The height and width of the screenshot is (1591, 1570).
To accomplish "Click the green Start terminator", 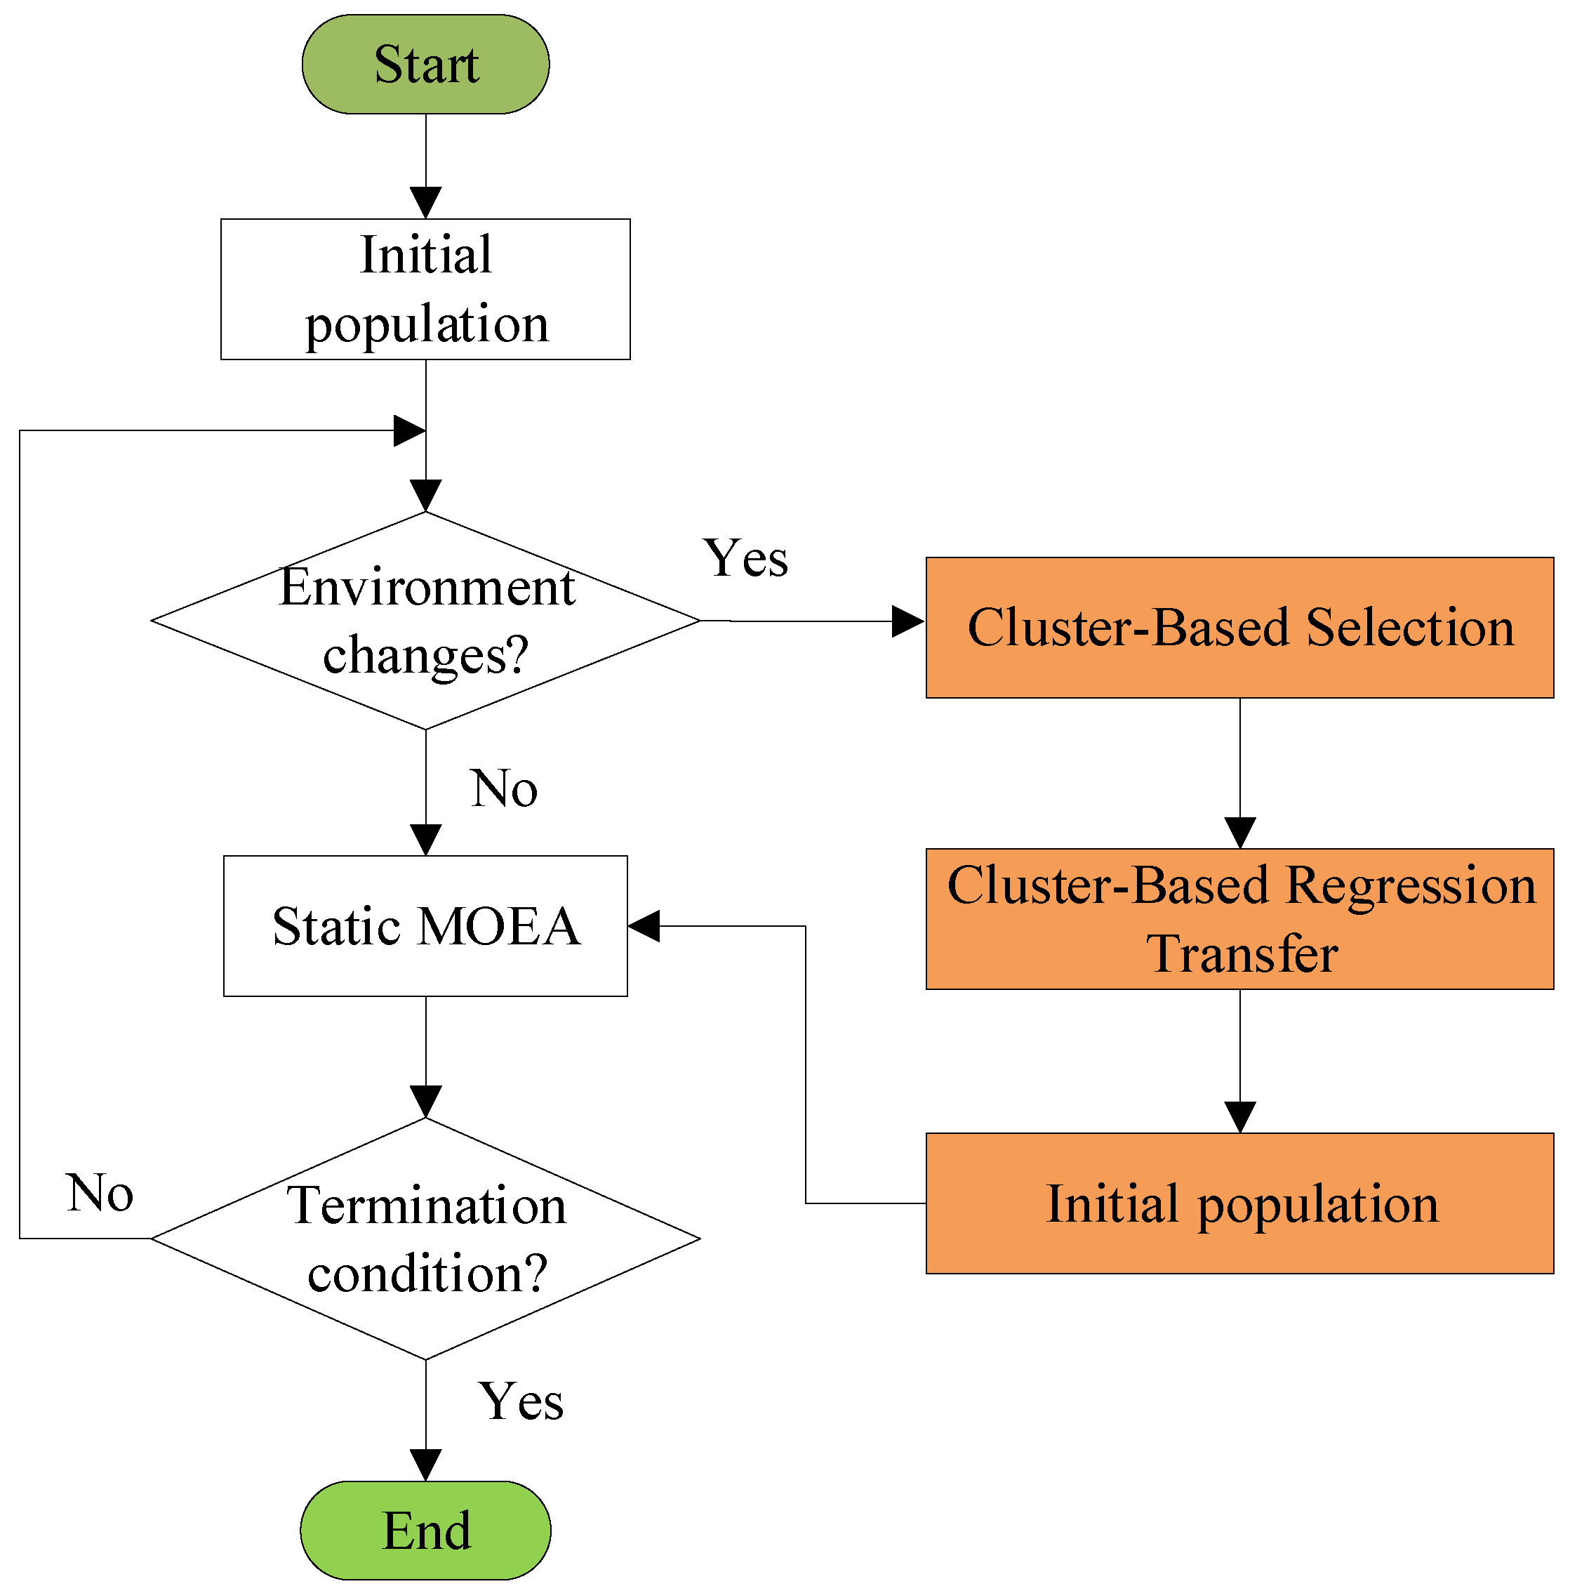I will point(425,64).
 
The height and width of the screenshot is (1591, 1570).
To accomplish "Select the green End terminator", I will point(425,1531).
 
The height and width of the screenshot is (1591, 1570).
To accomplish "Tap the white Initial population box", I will point(425,289).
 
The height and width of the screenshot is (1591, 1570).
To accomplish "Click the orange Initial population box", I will point(1239,1203).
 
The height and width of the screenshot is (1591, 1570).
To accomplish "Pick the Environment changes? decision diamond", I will point(425,620).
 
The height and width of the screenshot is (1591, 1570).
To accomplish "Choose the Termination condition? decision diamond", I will point(425,1238).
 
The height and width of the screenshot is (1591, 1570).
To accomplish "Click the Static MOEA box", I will point(425,925).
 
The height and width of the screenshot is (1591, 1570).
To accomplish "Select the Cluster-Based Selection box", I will point(1239,628).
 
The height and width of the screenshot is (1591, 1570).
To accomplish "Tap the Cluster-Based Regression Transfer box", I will point(1239,918).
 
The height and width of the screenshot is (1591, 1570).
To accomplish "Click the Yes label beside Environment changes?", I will point(745,558).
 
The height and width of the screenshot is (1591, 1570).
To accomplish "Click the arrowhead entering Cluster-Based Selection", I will point(907,621).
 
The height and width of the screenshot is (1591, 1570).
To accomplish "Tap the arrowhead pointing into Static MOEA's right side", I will point(644,925).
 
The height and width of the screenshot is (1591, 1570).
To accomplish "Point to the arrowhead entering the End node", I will point(425,1466).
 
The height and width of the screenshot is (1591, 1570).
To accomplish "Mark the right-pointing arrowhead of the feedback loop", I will point(408,430).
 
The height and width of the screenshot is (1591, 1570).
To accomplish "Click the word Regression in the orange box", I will point(1409,885).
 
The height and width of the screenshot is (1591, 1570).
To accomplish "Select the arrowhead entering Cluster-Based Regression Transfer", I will point(1239,832).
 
